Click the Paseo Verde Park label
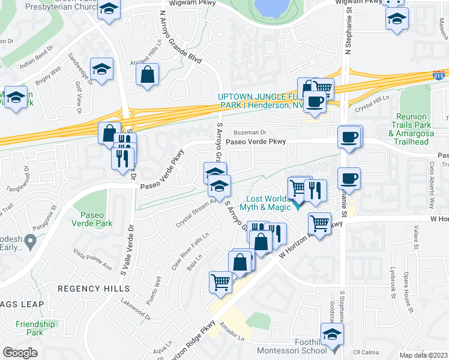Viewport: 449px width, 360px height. tap(96, 219)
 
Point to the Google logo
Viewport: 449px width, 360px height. tap(20, 353)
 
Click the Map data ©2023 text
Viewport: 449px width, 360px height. tap(423, 355)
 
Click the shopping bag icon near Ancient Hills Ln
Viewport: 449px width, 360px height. tap(147, 76)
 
